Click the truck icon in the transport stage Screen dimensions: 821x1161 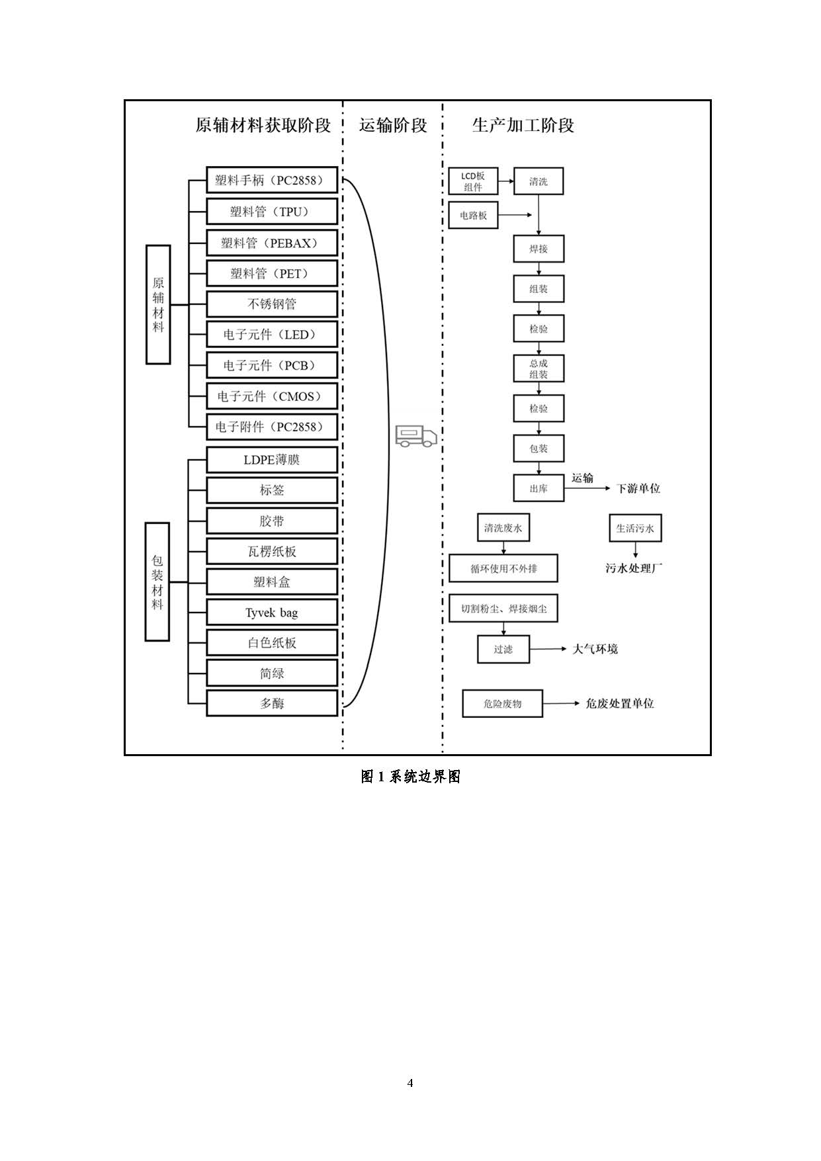pos(416,435)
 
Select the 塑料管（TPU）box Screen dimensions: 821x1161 pos(272,212)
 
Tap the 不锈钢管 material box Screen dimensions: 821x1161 pos(272,304)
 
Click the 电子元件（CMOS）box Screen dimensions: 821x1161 pos(272,396)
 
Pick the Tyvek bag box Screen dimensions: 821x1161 pos(272,613)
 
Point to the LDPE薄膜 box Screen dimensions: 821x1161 pos(272,460)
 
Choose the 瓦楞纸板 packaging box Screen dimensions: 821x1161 pos(272,551)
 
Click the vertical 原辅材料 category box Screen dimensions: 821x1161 pos(158,304)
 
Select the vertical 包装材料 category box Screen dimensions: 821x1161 pos(157,581)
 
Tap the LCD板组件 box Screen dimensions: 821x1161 pos(473,181)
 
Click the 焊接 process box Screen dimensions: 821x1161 pos(539,249)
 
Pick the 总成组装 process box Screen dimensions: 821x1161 pos(539,368)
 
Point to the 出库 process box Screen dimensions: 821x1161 pos(539,488)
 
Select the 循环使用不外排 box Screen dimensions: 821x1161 pos(503,568)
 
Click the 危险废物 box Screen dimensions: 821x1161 pos(502,704)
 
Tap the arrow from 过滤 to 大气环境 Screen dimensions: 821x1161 pos(548,649)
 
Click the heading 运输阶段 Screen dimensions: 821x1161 pos(393,125)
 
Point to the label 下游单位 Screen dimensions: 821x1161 pos(638,489)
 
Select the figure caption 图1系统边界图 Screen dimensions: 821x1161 pos(410,777)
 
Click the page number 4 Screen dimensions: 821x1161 pos(410,1083)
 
